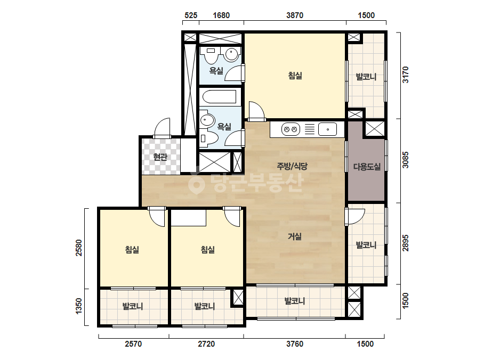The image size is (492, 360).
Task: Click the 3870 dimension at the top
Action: coord(295,15)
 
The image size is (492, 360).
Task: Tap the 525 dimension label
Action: coord(191,15)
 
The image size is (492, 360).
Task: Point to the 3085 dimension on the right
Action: coord(406,160)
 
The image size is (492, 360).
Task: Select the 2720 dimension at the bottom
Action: coord(206,344)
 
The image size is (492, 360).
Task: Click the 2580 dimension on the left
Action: coord(79,248)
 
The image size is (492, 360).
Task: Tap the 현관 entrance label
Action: coord(160,157)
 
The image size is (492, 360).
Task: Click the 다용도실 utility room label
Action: coord(367,167)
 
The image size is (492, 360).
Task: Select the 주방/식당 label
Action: coord(292,166)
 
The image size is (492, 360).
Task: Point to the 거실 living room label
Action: coord(295,236)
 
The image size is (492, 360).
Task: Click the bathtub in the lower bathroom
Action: coord(219,97)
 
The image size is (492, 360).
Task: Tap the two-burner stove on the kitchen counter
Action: coord(291,129)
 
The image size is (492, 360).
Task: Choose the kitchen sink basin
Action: coord(327,129)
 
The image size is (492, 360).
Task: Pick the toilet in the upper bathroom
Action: coord(211,56)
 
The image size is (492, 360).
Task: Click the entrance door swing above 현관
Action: coord(162,128)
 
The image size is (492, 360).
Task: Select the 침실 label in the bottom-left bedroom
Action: coord(132,250)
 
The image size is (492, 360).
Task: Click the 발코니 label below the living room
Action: coord(295,301)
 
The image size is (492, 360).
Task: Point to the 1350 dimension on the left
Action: coord(79,306)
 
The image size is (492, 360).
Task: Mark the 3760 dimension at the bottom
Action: coord(295,344)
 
